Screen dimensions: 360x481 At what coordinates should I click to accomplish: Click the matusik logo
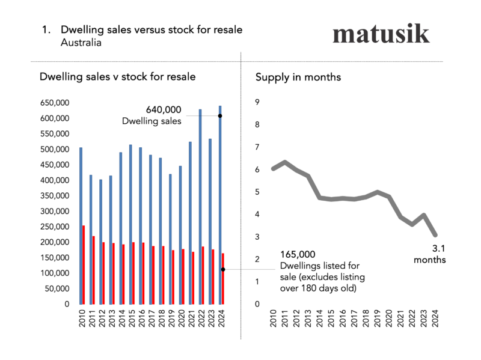(x=381, y=34)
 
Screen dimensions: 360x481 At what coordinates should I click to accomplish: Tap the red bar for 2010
(x=84, y=264)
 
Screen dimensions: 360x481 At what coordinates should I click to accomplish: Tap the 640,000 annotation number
(x=164, y=110)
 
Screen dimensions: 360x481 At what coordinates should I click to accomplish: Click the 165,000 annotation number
(x=298, y=255)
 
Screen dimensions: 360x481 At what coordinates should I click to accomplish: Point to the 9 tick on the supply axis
(x=257, y=102)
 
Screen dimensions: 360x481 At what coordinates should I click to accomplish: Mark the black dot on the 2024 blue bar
(x=220, y=115)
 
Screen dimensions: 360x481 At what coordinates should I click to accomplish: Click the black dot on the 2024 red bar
(x=223, y=269)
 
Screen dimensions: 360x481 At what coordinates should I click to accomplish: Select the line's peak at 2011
(x=285, y=162)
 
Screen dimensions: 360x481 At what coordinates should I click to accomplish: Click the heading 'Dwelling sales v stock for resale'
(x=117, y=78)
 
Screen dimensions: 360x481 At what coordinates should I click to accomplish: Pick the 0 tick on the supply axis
(x=257, y=304)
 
